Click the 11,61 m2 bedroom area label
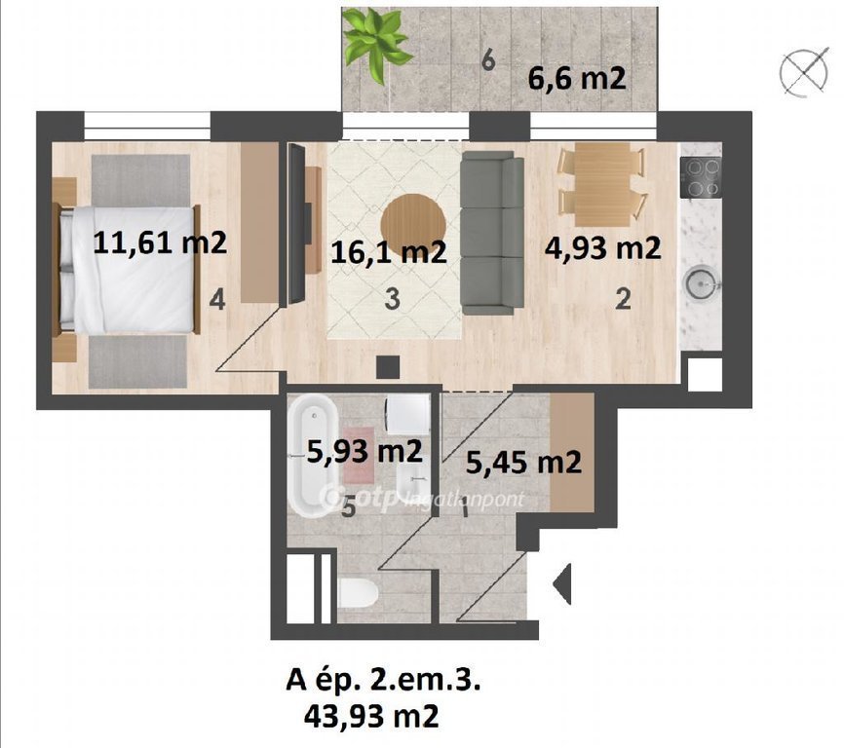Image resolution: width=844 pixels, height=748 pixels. point(160,243)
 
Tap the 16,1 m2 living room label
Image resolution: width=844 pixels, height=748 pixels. point(389,251)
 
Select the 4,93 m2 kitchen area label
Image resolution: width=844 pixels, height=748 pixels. point(603,248)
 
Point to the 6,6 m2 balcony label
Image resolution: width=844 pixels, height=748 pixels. point(577,79)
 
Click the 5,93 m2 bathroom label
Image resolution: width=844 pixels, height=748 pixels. point(364,452)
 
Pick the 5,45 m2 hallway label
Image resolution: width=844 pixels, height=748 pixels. point(523,462)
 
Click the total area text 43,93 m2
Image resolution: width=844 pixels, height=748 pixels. point(371,716)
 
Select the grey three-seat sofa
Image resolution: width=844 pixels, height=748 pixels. point(492,233)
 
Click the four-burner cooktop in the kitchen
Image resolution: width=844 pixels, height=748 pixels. point(701,177)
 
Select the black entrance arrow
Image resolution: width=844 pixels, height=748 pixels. point(561,583)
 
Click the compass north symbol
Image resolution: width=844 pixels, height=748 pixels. point(804,72)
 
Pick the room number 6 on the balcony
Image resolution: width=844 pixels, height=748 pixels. point(488,60)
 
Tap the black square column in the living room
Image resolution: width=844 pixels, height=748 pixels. point(388,367)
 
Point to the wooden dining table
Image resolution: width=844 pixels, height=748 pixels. point(602,184)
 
